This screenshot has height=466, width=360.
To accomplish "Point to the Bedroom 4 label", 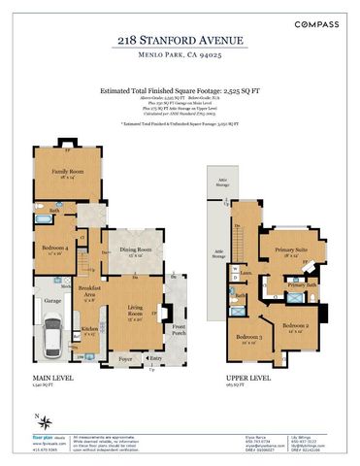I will coord(53,249).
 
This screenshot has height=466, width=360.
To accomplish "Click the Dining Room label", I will coord(137,250).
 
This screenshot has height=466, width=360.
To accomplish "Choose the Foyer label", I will coord(124,358).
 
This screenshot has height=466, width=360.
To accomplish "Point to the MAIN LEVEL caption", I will coord(49,379).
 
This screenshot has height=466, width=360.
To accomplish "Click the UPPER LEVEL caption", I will coord(226,379).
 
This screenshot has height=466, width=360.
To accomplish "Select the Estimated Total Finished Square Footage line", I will coord(180,88).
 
